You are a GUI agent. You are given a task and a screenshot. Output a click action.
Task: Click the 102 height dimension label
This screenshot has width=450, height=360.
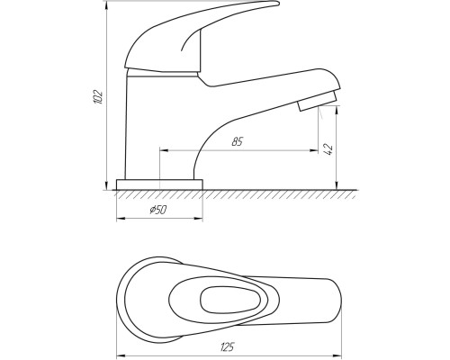coord(98,97)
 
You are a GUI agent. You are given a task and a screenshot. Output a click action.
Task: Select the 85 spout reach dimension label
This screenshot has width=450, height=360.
coord(237,141)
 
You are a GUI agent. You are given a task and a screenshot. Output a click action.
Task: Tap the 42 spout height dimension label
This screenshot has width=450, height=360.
coord(328,149)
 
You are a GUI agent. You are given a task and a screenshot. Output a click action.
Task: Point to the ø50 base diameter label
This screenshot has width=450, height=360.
coord(157,210)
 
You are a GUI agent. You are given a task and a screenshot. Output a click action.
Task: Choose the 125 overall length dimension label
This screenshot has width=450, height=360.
coord(227,347)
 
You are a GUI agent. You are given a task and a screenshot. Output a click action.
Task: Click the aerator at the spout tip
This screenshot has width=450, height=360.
coord(317,101)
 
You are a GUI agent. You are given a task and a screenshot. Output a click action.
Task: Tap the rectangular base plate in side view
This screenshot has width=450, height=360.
coord(159,184)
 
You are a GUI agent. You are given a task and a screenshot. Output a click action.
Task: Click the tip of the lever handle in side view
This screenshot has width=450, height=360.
coord(278,4)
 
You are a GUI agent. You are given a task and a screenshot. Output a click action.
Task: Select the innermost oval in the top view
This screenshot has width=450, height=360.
coord(230,300)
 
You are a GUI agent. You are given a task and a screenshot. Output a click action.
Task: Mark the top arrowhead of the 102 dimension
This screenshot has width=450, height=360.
coord(106,4)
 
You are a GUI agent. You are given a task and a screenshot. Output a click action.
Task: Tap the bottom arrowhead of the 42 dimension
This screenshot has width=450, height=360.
coord(337,185)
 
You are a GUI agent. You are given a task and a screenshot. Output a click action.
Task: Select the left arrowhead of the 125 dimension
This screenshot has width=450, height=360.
coord(121,356)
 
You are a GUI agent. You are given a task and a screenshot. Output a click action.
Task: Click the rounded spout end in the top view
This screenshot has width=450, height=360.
coord(337,300)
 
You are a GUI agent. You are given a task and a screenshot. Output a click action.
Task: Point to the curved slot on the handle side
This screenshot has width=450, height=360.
coord(190,40)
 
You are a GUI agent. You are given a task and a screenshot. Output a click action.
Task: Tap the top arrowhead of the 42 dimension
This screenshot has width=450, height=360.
coord(337,110)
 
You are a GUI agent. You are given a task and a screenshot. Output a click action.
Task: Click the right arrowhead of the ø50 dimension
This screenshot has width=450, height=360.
coord(199,219)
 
